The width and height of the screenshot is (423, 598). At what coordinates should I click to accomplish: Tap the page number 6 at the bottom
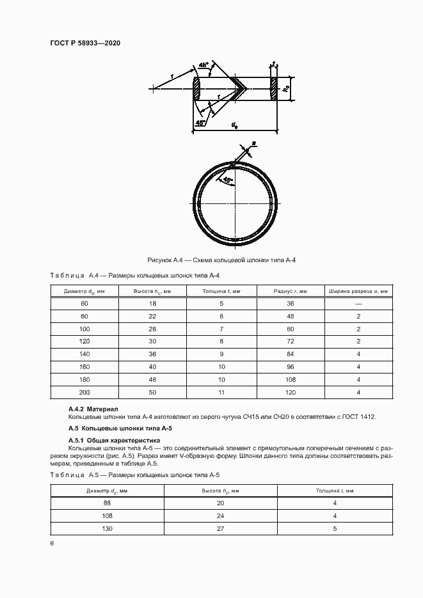(x=52, y=543)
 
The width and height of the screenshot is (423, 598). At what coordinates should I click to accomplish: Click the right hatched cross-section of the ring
(x=274, y=89)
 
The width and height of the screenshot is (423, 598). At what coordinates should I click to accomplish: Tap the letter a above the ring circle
(x=254, y=145)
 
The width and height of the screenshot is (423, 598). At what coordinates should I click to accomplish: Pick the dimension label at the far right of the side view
(x=287, y=89)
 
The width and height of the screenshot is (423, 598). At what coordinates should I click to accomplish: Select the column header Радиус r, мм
(x=291, y=291)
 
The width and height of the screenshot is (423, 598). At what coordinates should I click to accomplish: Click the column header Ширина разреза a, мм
(x=359, y=291)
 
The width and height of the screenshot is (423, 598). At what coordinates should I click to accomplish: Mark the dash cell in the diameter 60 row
(x=359, y=304)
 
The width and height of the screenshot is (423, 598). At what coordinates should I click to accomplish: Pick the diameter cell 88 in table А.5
(x=107, y=503)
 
